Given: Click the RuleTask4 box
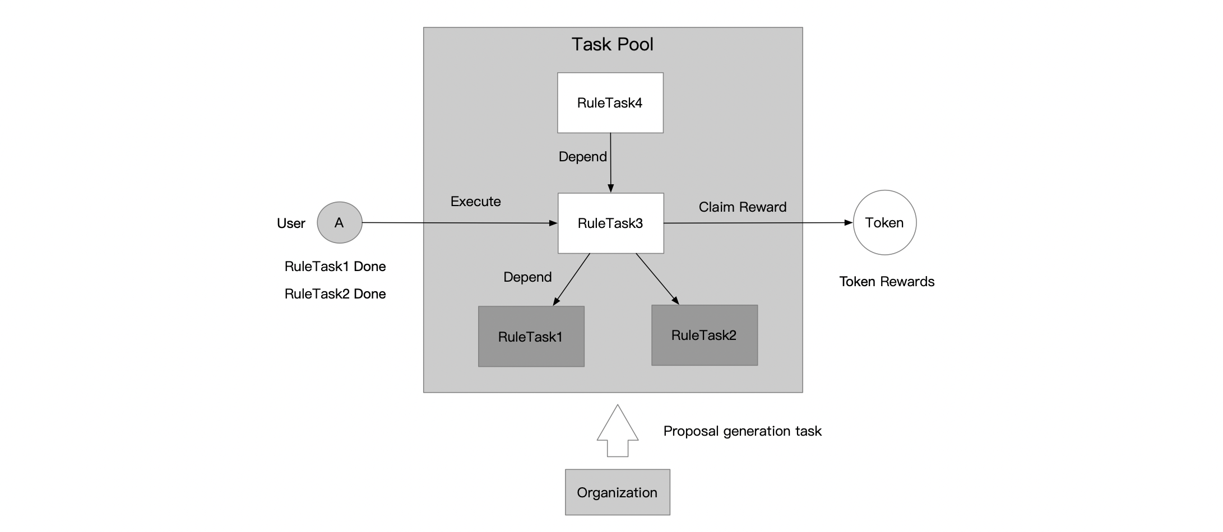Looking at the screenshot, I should [x=610, y=103].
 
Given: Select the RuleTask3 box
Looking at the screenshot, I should [x=610, y=223].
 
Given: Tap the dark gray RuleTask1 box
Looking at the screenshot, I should [x=531, y=337].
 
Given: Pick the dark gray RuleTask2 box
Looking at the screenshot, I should [x=704, y=335].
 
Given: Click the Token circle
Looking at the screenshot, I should [x=884, y=223].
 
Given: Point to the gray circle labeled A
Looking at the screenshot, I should [x=340, y=223].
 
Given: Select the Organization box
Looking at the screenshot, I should [x=617, y=492].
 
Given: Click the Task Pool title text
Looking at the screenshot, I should [x=612, y=45].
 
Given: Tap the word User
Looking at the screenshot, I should [x=291, y=223].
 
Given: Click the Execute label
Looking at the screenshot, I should [x=475, y=202].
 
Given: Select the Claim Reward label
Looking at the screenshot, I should [x=742, y=207].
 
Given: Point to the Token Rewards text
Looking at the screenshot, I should [x=886, y=282].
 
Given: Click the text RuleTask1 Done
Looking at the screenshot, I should [x=335, y=267].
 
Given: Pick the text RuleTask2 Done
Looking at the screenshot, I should [x=335, y=294].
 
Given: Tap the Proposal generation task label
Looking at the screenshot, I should [x=742, y=431].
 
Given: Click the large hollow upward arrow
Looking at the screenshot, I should [x=617, y=431].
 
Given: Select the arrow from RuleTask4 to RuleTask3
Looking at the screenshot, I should [x=610, y=162].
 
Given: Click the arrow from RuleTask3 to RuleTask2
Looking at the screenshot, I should [x=657, y=279].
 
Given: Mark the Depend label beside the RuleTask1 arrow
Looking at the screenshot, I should [x=527, y=277].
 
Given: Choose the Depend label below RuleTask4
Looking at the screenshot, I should [x=582, y=157].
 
